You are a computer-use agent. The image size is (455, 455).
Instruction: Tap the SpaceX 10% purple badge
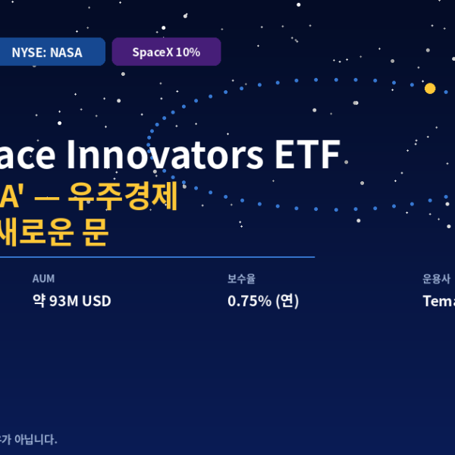pos(166,52)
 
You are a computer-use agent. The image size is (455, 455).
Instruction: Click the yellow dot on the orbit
pos(430,89)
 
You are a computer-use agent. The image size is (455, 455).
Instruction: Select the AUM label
pos(43,278)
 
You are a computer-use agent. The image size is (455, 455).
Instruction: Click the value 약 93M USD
pos(71,301)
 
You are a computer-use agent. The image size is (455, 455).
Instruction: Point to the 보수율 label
pos(241,278)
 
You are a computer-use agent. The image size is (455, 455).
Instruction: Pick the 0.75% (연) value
pos(263,301)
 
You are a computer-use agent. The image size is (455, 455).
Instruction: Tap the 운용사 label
pos(436,278)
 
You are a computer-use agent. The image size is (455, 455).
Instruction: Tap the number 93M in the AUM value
pos(64,301)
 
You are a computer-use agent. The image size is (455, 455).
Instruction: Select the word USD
pos(96,301)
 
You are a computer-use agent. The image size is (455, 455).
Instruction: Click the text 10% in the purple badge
pos(187,52)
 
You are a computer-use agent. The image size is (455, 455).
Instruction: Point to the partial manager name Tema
pos(438,301)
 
